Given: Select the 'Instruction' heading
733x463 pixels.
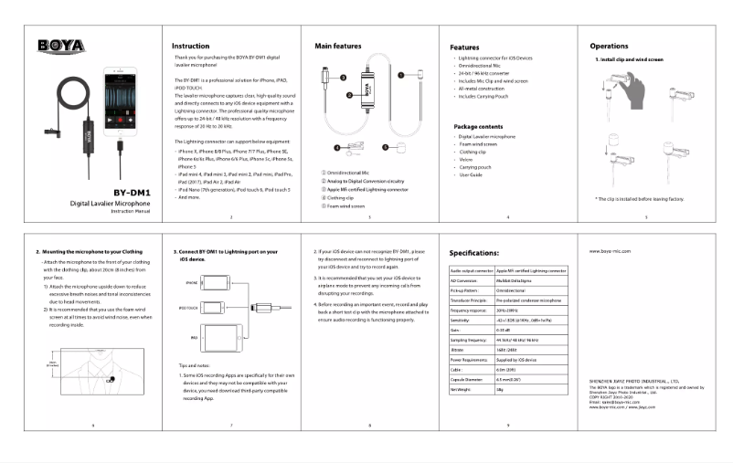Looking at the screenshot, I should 192,46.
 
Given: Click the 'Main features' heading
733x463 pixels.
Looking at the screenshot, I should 337,45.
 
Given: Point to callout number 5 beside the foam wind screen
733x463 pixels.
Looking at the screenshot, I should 385,146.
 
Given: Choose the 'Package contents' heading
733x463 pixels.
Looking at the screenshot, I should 480,126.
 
